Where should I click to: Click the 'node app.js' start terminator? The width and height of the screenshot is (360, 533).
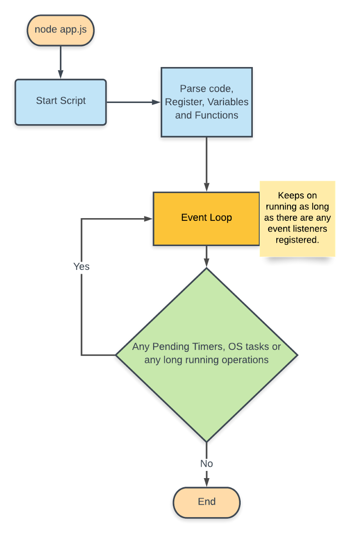pyautogui.click(x=60, y=31)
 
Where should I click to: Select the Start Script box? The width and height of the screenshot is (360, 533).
pyautogui.click(x=60, y=102)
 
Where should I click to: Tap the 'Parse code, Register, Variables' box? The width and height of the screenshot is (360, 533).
pyautogui.click(x=207, y=102)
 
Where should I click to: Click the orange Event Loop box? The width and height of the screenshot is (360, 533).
pyautogui.click(x=207, y=219)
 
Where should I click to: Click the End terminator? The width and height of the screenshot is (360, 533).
pyautogui.click(x=207, y=502)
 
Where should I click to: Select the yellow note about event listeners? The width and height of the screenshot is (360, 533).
pyautogui.click(x=297, y=219)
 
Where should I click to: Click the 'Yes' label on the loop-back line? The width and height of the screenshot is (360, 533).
pyautogui.click(x=81, y=267)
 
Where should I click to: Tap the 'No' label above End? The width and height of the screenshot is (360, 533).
pyautogui.click(x=207, y=464)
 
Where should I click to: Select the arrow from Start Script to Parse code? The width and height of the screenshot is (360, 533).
pyautogui.click(x=134, y=102)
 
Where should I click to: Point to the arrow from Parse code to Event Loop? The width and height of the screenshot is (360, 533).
pyautogui.click(x=207, y=164)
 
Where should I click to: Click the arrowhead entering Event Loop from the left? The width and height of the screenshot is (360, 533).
pyautogui.click(x=148, y=219)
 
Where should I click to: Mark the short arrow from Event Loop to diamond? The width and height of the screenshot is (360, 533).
pyautogui.click(x=207, y=256)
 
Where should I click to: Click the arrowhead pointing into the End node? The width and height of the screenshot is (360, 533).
pyautogui.click(x=207, y=482)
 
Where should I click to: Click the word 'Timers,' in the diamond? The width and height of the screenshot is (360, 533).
pyautogui.click(x=210, y=347)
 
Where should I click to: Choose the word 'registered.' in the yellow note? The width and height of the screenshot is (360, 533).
pyautogui.click(x=297, y=240)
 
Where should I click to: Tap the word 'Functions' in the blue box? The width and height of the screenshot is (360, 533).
pyautogui.click(x=216, y=115)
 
